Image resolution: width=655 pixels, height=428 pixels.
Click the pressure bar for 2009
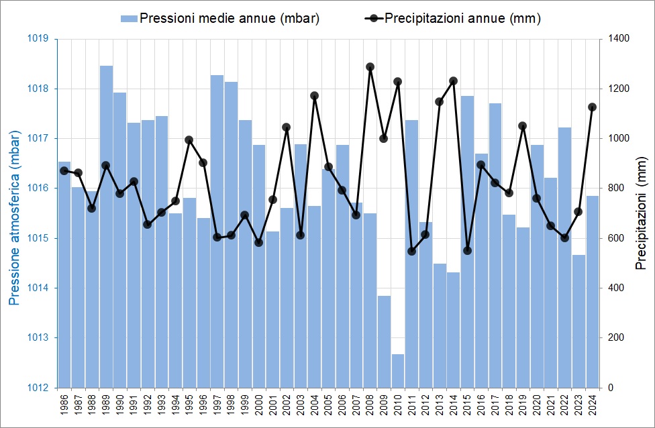[x=384, y=341]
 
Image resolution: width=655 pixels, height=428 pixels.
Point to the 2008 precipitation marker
[x=370, y=66]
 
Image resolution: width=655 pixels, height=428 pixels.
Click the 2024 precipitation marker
[x=592, y=107]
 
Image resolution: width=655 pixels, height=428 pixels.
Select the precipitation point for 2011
[x=411, y=251]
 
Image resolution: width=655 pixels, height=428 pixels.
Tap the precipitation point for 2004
[x=314, y=95]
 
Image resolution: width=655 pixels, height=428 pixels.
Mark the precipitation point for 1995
[x=189, y=140]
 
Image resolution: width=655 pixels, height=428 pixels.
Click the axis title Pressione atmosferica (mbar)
[x=14, y=213]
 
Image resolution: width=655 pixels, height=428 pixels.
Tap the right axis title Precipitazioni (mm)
[x=640, y=213]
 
